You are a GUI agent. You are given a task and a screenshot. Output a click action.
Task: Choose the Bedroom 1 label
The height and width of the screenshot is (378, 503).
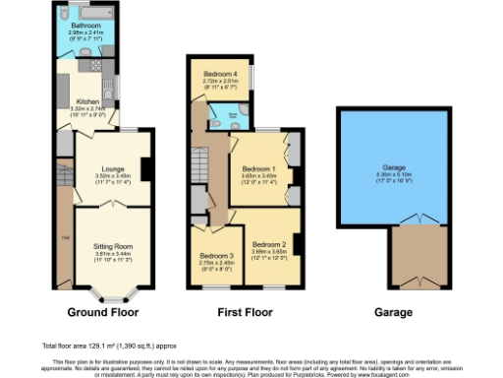click(259, 169)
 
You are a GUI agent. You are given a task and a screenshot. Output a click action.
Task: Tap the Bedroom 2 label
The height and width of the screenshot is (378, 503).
click(269, 244)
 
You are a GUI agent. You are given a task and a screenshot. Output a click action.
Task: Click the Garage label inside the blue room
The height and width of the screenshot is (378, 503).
click(379, 167)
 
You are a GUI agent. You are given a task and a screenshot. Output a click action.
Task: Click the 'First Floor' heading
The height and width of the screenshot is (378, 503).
click(243, 312)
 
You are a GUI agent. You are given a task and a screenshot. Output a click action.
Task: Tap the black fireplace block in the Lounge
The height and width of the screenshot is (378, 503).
click(145, 169)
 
